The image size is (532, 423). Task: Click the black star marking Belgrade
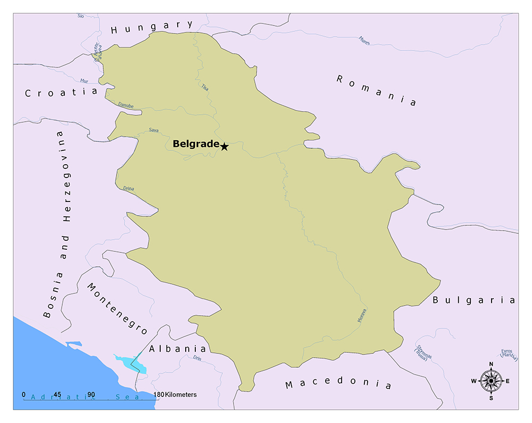click(x=225, y=147)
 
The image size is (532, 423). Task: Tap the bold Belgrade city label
click(x=196, y=144)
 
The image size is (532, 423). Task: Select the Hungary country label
click(x=152, y=27)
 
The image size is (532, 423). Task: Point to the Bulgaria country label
click(x=473, y=300)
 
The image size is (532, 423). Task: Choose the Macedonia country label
click(x=338, y=384)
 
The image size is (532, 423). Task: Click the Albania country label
click(x=177, y=349)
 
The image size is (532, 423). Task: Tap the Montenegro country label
click(x=117, y=309)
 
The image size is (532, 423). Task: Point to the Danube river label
click(x=126, y=105)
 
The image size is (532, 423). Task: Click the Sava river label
click(x=154, y=130)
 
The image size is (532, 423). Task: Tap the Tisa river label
click(x=205, y=87)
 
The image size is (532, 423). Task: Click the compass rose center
click(x=491, y=380)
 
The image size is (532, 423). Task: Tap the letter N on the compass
click(x=491, y=364)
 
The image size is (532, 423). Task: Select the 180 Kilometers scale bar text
click(x=174, y=395)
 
